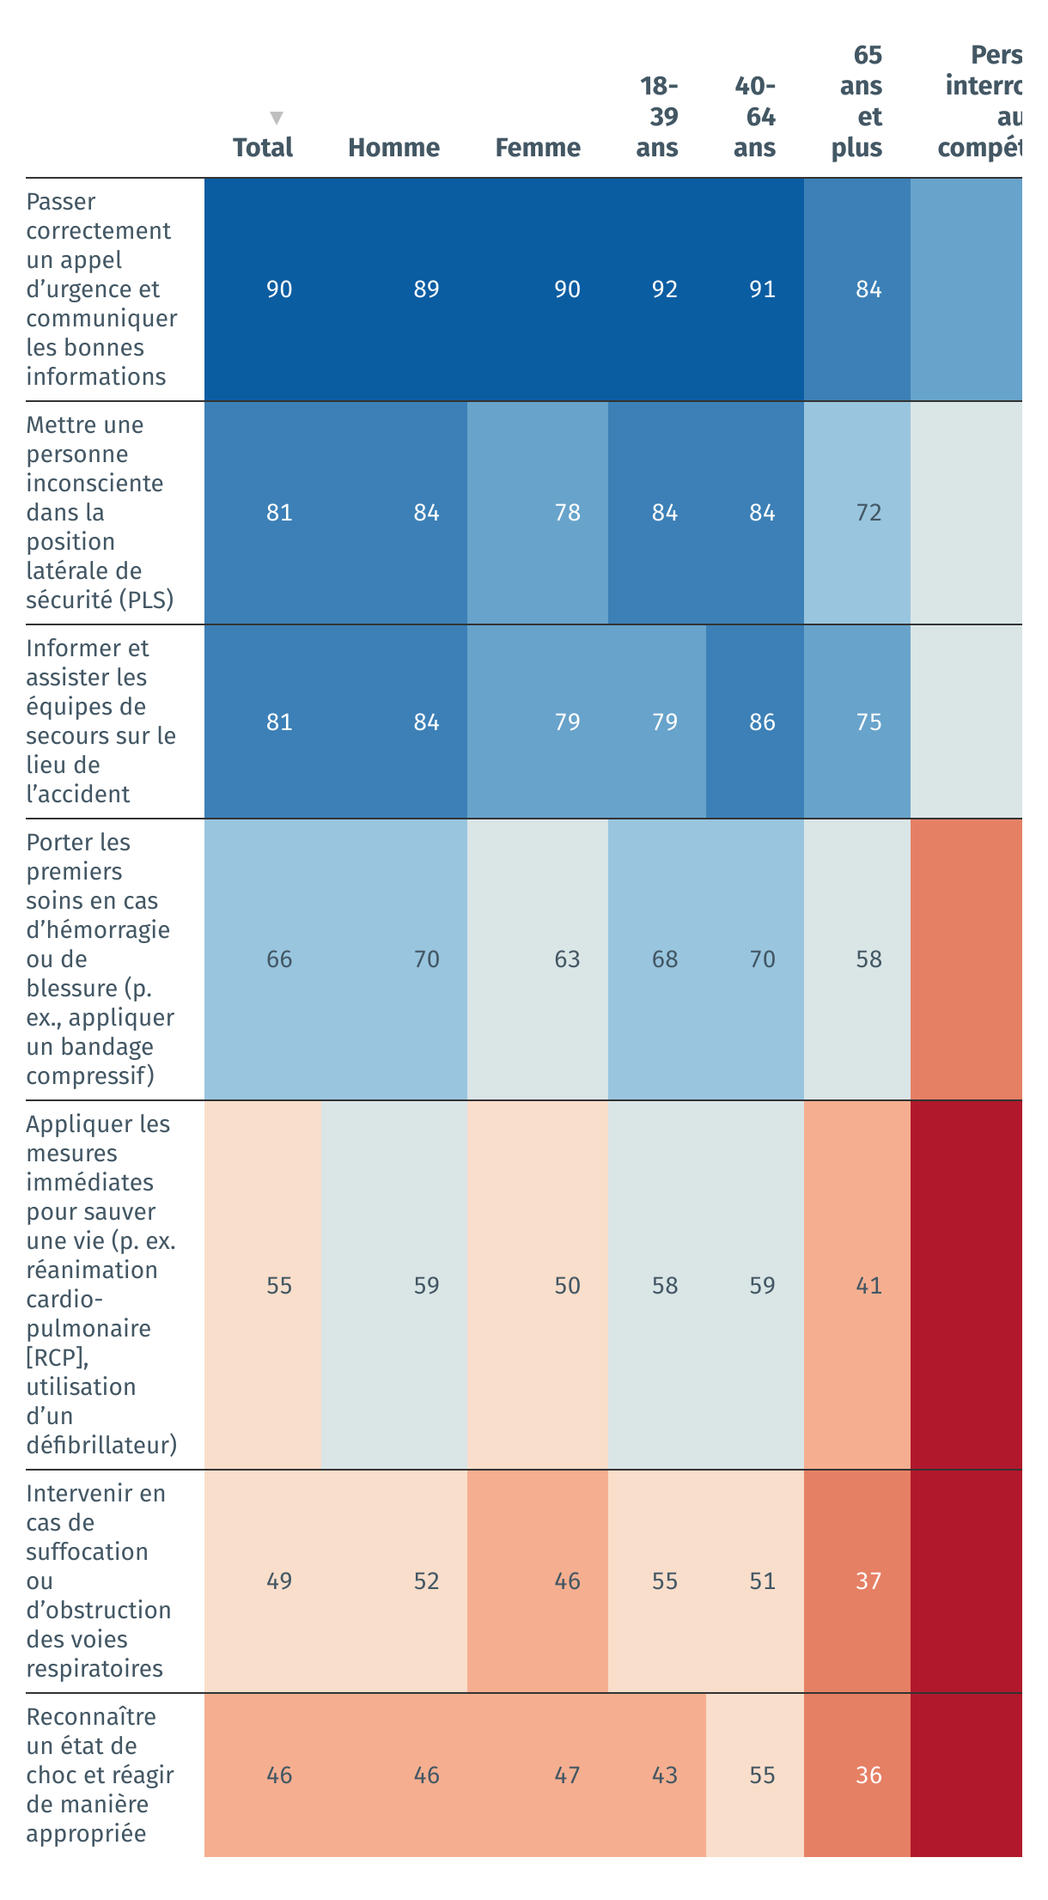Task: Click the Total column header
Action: click(263, 148)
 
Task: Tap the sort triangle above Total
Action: click(276, 118)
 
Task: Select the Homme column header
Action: click(393, 148)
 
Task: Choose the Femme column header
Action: click(538, 148)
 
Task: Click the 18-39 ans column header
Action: click(657, 117)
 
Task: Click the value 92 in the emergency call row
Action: click(664, 289)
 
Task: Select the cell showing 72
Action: click(868, 513)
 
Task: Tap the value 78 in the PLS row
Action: click(567, 513)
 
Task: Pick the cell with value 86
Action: click(762, 722)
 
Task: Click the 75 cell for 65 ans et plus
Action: click(868, 722)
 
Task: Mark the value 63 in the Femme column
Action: click(567, 959)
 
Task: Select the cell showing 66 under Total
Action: click(279, 959)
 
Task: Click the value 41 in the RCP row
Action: click(868, 1286)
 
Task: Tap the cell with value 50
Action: click(567, 1286)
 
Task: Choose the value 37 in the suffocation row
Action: click(868, 1581)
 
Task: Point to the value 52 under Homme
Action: click(426, 1581)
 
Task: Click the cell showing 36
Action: click(868, 1775)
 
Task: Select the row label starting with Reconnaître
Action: click(100, 1775)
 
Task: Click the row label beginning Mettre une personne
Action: click(100, 512)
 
